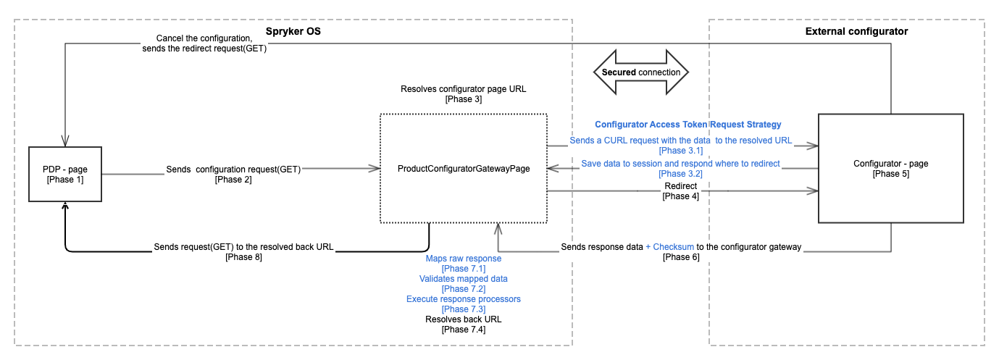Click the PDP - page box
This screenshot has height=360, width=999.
[64, 174]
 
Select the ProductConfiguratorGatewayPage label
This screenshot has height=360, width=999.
[464, 169]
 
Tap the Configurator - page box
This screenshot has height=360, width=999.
[890, 168]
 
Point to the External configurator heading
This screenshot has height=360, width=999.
[856, 31]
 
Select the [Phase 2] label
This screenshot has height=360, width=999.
[233, 179]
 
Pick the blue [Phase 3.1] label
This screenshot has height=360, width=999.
[680, 151]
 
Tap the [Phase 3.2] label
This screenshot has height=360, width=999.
[680, 174]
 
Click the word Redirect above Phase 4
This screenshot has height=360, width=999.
[680, 186]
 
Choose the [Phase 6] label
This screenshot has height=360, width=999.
[680, 257]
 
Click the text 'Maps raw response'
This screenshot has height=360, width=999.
[463, 258]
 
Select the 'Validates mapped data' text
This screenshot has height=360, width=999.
[463, 278]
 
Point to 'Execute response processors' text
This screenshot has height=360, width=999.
[463, 298]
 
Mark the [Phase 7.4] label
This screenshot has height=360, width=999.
[463, 329]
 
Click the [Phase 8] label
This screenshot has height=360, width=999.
[243, 257]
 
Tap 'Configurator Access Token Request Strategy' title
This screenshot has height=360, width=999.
[687, 125]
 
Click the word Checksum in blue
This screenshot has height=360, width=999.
[674, 247]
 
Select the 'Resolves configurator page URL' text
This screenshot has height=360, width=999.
[463, 89]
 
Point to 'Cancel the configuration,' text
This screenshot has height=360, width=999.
[204, 38]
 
